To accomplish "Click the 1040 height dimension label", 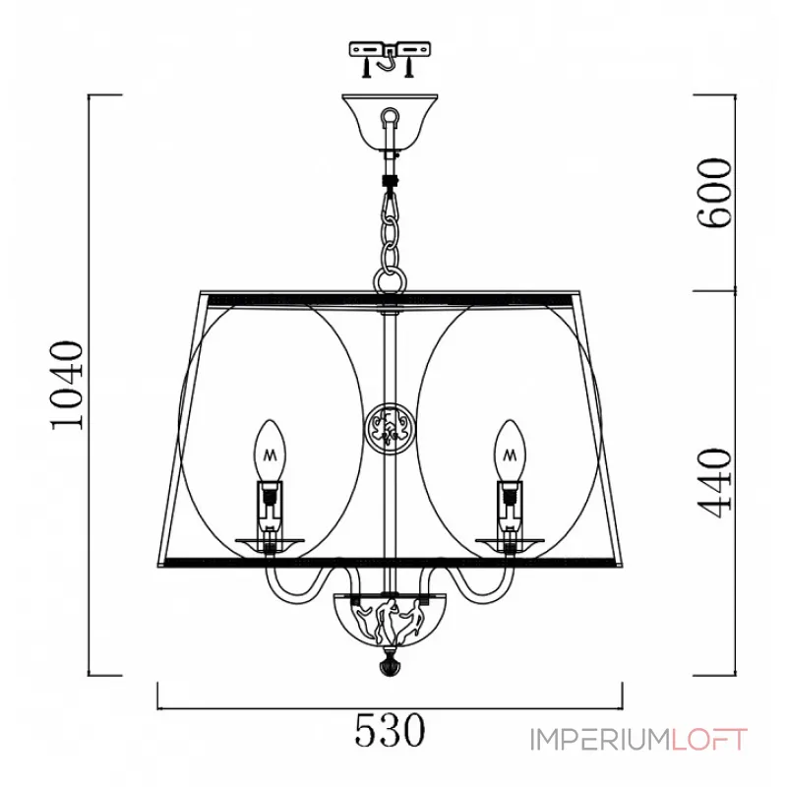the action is point(67,385).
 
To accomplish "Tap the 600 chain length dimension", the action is point(715,193).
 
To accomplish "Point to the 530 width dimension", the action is point(390,730).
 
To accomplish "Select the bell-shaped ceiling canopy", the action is point(390,122).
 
